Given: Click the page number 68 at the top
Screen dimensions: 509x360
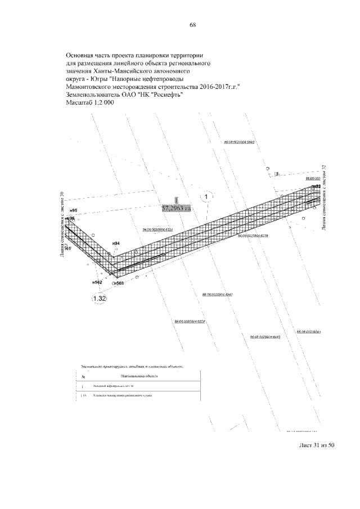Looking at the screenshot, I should pyautogui.click(x=192, y=25).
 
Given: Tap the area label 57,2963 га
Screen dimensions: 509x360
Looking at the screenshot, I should pyautogui.click(x=176, y=208).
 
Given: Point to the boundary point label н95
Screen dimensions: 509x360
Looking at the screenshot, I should pyautogui.click(x=73, y=210).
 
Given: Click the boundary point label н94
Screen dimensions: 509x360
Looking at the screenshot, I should pyautogui.click(x=116, y=243).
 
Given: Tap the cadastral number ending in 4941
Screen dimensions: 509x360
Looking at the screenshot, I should pyautogui.click(x=217, y=294).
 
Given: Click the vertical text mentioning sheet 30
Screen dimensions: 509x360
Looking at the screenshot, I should pyautogui.click(x=62, y=224).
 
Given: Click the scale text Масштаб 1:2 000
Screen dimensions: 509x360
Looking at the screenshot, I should pyautogui.click(x=90, y=103).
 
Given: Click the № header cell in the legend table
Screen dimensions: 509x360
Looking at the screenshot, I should pyautogui.click(x=83, y=376).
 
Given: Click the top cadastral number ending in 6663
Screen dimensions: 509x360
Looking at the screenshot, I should pyautogui.click(x=240, y=142).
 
